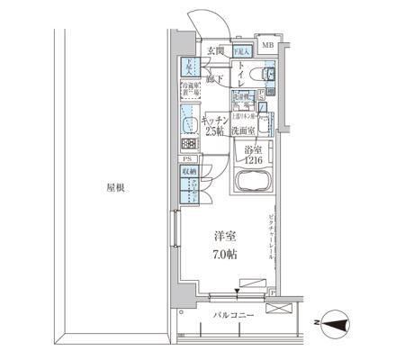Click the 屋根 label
[114, 187]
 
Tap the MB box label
[268, 45]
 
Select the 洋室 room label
[224, 236]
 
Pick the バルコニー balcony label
[234, 315]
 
